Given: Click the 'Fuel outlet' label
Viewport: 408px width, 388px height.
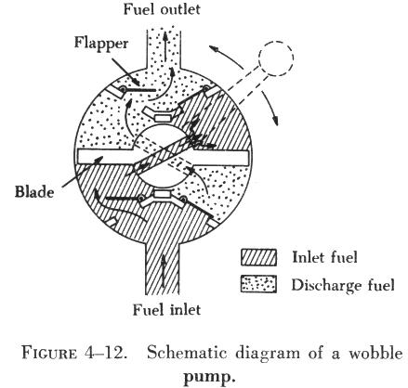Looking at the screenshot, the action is point(162,9).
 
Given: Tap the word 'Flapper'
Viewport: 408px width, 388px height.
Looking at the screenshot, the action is point(101,44).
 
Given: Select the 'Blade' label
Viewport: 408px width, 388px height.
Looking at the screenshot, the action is point(34,192).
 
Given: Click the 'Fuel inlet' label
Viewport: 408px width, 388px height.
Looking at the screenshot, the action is point(166,310).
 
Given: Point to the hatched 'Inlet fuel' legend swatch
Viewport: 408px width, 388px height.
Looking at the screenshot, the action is point(258,257).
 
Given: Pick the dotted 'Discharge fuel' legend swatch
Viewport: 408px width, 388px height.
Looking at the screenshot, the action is point(258,284).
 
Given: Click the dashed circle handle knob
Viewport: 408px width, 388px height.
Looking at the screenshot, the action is point(276,58).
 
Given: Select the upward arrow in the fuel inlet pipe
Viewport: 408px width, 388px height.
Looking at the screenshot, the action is point(163,271).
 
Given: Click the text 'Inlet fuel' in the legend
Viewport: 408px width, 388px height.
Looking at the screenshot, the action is point(324,257).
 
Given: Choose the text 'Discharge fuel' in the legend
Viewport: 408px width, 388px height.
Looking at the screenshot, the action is point(343,285).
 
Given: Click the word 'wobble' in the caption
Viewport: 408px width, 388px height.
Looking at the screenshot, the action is point(375,353).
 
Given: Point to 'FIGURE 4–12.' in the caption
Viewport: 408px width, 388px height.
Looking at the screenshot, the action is point(74,354).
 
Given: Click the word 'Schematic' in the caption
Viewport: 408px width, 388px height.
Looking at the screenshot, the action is point(187,353).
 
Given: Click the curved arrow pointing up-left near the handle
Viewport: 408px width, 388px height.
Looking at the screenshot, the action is point(226,56).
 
